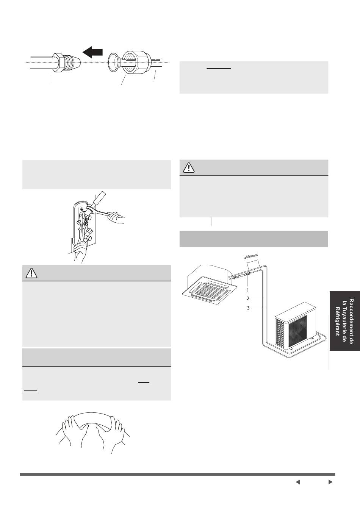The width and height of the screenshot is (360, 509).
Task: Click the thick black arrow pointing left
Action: (92, 52)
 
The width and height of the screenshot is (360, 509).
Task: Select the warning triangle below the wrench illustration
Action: (31, 273)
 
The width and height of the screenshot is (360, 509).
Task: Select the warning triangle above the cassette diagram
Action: (189, 167)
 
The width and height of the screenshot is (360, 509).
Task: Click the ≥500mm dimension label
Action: (251, 256)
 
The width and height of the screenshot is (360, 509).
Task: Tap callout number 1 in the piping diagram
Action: (248, 290)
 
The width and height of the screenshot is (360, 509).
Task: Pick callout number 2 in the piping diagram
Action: (248, 298)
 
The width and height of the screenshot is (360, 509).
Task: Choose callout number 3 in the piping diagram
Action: (248, 308)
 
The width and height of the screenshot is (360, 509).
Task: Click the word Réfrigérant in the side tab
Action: (338, 321)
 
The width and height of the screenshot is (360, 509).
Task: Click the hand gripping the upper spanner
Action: (116, 218)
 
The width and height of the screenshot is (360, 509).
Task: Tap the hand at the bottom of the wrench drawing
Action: (80, 252)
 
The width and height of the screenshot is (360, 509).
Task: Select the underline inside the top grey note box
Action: (219, 68)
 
